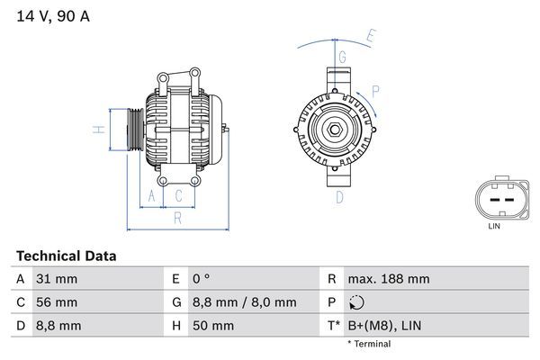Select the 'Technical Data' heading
(x=66, y=256)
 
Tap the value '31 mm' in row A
(x=56, y=279)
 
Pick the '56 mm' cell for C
(x=56, y=302)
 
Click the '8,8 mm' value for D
(x=58, y=325)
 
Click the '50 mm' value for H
(x=213, y=325)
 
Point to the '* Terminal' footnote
(x=369, y=344)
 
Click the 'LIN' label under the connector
(x=493, y=226)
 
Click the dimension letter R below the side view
(x=178, y=217)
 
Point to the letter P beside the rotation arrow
(x=375, y=90)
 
